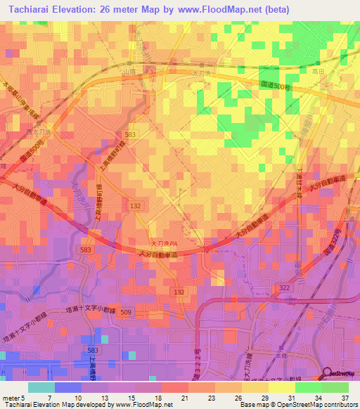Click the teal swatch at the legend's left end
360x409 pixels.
click(41, 387)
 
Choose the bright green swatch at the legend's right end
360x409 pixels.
click(335, 387)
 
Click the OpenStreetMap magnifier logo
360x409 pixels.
click(327, 373)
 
